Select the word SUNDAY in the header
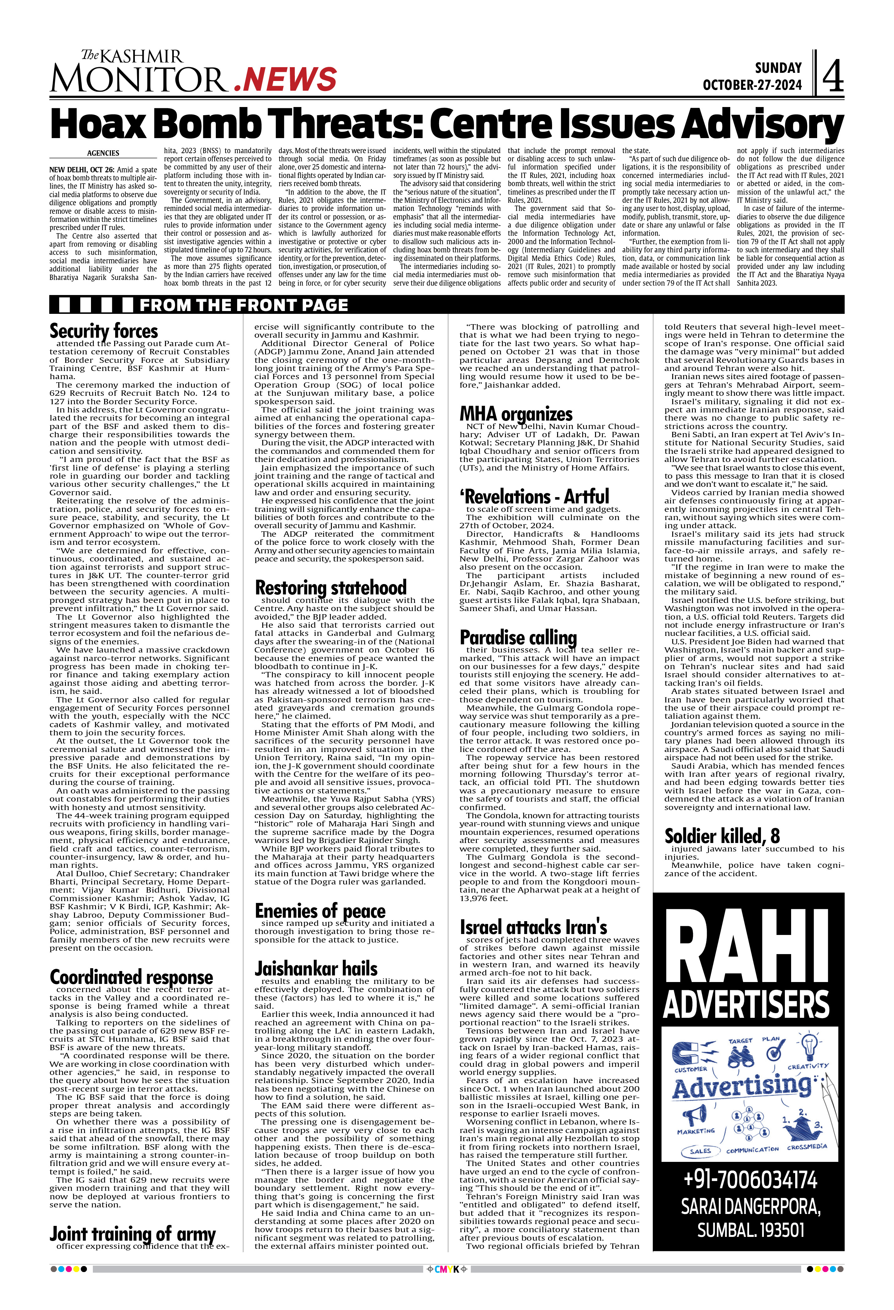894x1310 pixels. click(x=778, y=68)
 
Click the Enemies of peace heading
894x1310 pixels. click(x=320, y=910)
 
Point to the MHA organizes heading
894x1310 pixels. click(x=516, y=414)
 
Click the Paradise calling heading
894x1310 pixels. click(x=518, y=637)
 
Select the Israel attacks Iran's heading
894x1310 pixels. click(x=534, y=927)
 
